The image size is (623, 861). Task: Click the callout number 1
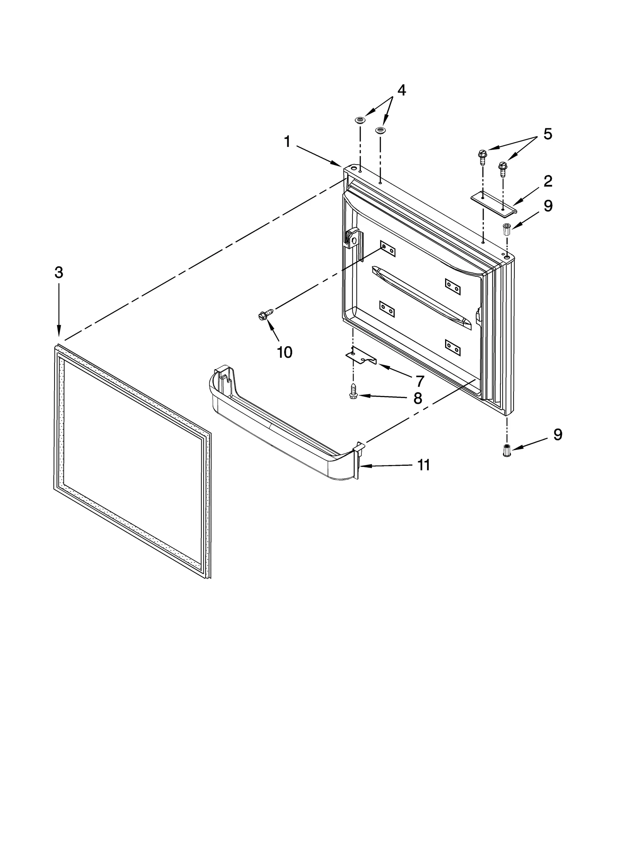point(287,142)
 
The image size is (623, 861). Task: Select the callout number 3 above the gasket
point(58,272)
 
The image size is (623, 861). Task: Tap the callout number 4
point(401,90)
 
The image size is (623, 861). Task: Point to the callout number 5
point(547,134)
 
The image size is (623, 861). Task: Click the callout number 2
point(547,181)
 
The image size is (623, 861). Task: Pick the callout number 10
point(284,352)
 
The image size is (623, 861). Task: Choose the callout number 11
point(423,465)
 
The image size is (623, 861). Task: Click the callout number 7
point(419,381)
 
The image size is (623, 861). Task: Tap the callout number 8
point(417,398)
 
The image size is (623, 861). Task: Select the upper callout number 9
point(548,206)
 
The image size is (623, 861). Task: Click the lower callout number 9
point(557,434)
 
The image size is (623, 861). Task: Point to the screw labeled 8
point(353,390)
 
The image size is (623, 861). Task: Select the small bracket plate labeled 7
point(361,357)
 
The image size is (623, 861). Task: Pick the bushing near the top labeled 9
point(507,229)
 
